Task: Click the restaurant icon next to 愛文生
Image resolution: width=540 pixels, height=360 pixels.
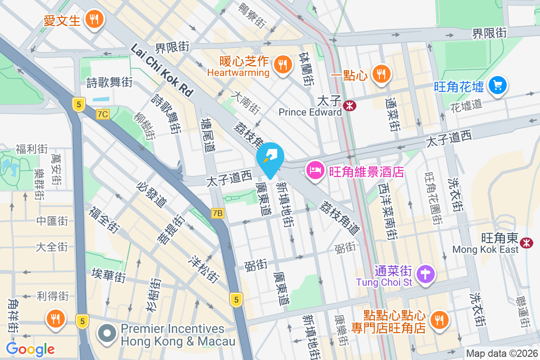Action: click(x=94, y=19)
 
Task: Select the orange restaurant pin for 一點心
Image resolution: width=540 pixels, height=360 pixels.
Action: click(x=381, y=73)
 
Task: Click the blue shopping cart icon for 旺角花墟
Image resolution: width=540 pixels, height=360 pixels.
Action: click(x=497, y=85)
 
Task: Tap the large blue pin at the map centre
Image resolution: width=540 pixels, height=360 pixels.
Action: click(x=270, y=157)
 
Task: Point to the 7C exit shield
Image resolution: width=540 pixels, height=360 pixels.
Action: click(x=103, y=114)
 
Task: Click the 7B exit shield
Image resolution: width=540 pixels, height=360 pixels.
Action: click(x=217, y=213)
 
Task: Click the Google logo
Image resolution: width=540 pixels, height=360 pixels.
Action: click(x=30, y=349)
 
